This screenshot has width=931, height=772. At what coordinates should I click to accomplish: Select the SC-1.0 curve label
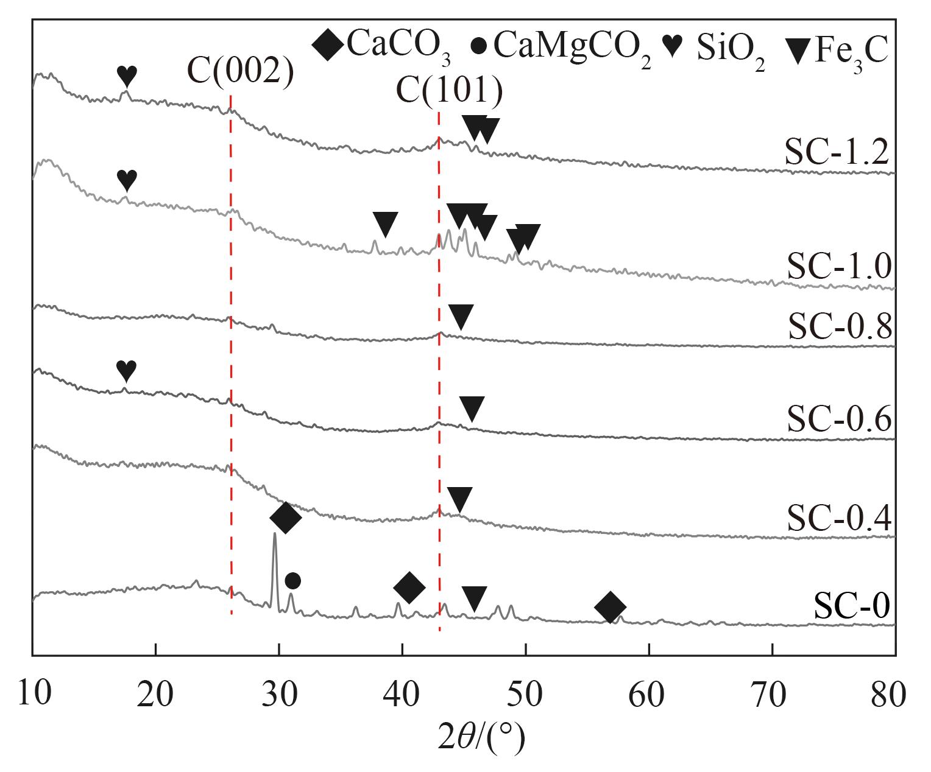pyautogui.click(x=840, y=266)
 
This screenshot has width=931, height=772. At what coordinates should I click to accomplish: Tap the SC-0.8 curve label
pyautogui.click(x=840, y=326)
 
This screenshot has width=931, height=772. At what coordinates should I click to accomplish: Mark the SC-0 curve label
pyautogui.click(x=852, y=606)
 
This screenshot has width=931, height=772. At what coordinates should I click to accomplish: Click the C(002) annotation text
pyautogui.click(x=240, y=71)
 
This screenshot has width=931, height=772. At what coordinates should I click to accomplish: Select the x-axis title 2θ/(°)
pyautogui.click(x=481, y=738)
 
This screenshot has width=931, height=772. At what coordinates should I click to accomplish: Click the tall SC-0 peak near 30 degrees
pyautogui.click(x=275, y=536)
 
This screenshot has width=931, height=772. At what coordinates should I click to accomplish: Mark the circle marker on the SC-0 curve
pyautogui.click(x=292, y=581)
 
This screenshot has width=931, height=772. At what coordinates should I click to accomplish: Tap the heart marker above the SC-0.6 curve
pyautogui.click(x=126, y=369)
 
